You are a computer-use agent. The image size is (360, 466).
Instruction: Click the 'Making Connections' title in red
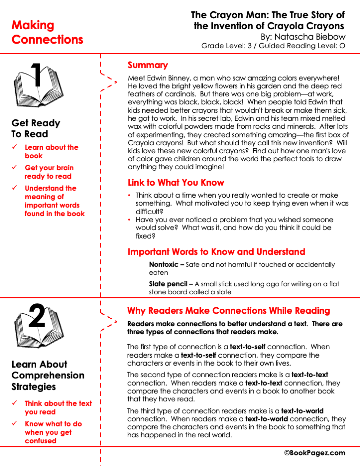click(47, 32)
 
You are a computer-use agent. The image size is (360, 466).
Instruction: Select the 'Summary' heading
click(148, 65)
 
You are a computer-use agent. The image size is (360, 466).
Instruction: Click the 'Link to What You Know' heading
click(176, 183)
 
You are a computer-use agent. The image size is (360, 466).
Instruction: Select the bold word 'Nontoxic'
click(166, 265)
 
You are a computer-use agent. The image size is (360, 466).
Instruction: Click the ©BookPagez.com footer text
click(315, 453)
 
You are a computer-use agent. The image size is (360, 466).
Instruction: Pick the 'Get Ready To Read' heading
click(36, 128)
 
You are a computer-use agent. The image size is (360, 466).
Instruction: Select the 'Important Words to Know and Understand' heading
click(216, 252)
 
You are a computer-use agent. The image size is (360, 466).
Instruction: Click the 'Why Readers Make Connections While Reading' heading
click(228, 311)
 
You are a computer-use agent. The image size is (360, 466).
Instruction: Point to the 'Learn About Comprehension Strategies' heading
click(48, 375)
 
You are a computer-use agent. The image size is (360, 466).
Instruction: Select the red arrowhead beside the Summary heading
click(116, 81)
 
